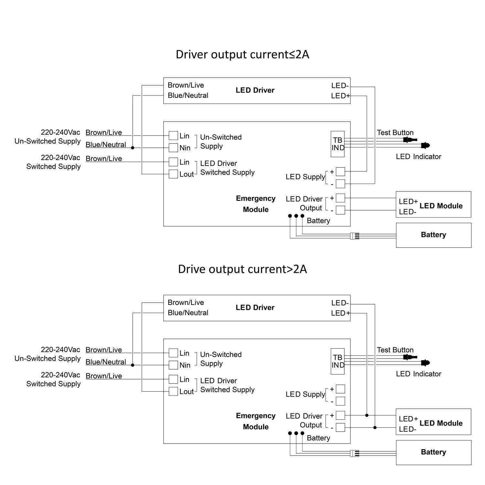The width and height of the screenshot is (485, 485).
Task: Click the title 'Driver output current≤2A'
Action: [x=242, y=54]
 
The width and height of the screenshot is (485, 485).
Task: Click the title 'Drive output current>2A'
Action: [x=242, y=269]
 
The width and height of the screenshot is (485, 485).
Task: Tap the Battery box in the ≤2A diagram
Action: [x=433, y=235]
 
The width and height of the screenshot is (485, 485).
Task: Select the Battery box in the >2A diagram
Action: [x=433, y=452]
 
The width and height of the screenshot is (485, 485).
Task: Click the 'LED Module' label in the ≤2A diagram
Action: [x=441, y=206]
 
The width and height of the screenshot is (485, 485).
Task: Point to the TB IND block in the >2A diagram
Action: [x=338, y=361]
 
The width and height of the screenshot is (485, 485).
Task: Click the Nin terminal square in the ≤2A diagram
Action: [x=173, y=148]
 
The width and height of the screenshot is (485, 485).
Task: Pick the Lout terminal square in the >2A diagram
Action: [x=173, y=391]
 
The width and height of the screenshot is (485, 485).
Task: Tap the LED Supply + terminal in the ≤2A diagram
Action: [x=340, y=171]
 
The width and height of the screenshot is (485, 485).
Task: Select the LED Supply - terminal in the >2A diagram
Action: [x=340, y=401]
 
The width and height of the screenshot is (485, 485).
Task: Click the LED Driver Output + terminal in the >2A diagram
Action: [x=340, y=415]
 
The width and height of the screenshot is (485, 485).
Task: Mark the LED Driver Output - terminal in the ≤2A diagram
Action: [x=340, y=210]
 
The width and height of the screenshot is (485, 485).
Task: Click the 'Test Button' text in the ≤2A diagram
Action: [x=395, y=133]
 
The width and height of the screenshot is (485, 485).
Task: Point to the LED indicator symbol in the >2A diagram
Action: [x=426, y=363]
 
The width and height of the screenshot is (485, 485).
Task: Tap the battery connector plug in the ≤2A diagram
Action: [x=355, y=236]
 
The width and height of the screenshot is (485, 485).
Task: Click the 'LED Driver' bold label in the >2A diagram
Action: [x=255, y=307]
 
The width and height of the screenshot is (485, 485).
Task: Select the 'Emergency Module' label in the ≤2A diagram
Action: [x=255, y=204]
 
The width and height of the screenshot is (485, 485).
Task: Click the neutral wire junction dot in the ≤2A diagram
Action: [x=133, y=148]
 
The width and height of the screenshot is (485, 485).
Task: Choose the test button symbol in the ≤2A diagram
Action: [x=408, y=140]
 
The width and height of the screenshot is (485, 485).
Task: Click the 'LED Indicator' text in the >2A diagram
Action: [x=418, y=374]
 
